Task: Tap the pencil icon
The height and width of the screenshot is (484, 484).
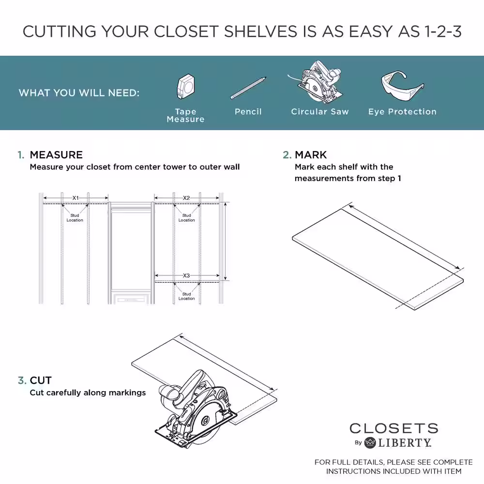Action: click(248, 88)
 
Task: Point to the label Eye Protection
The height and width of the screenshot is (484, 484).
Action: click(402, 112)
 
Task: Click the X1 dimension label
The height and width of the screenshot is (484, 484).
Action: click(76, 198)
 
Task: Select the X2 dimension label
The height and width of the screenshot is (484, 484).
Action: click(186, 198)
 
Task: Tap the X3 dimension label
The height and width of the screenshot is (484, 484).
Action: click(186, 276)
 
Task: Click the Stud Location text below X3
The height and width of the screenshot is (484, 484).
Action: click(186, 296)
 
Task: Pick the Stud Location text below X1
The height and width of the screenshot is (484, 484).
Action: click(75, 218)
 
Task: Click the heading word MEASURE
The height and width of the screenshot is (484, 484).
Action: click(56, 155)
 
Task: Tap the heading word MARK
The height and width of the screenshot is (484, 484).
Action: click(311, 155)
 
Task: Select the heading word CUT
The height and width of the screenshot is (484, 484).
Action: click(41, 380)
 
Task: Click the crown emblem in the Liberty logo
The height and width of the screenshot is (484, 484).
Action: click(370, 442)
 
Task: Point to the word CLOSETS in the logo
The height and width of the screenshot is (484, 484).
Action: click(393, 428)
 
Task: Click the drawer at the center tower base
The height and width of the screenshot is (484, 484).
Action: click(130, 299)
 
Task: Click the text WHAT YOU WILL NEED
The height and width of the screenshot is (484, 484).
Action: click(79, 92)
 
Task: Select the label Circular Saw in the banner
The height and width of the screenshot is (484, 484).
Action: click(319, 112)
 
